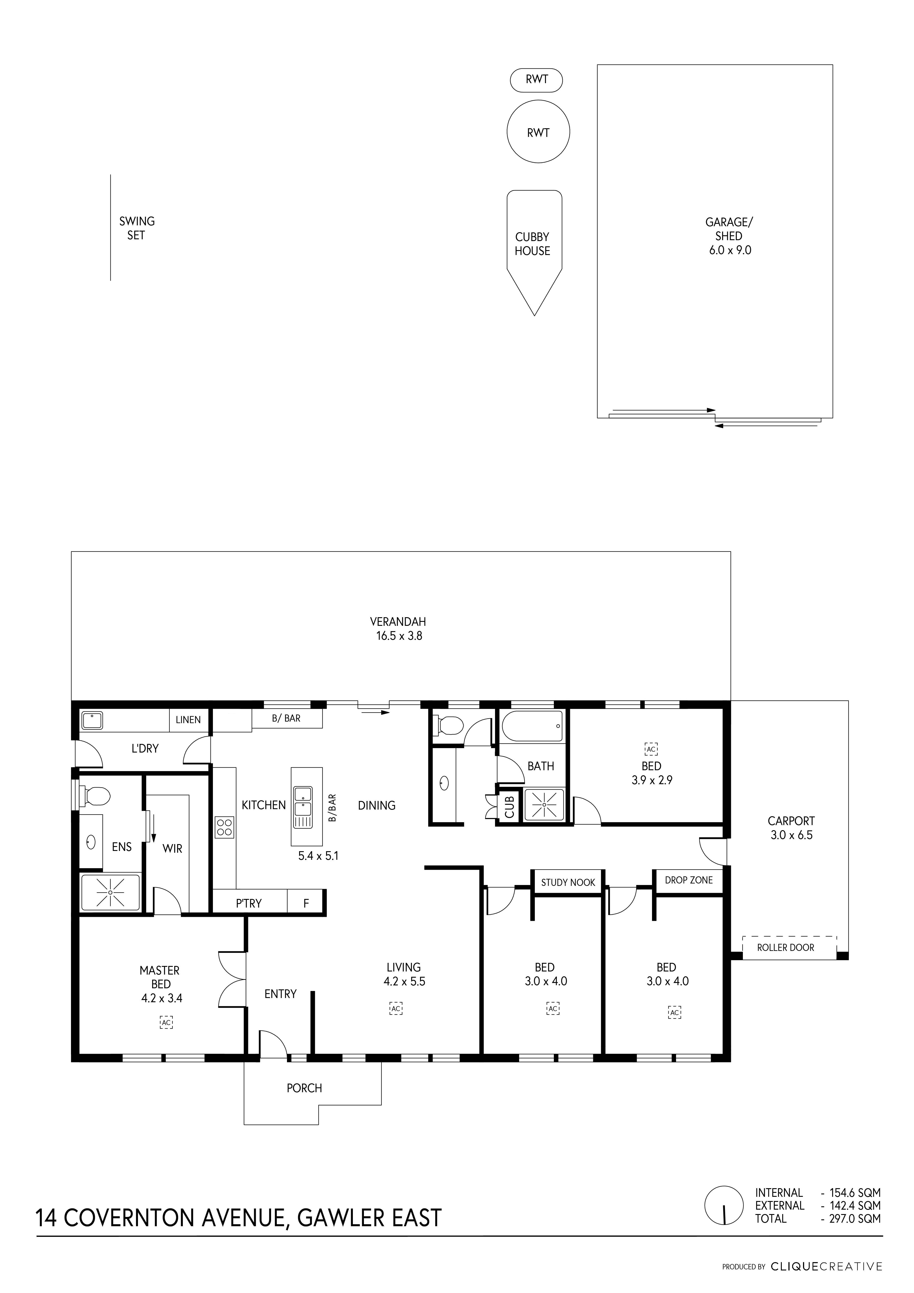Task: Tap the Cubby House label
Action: pos(532,244)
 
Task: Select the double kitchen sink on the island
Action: pos(302,807)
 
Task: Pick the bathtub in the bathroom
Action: pos(532,726)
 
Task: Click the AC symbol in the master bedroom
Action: pos(166,1022)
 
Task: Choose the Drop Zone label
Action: pos(689,880)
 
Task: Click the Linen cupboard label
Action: pos(188,720)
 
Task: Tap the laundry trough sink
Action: pos(92,720)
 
